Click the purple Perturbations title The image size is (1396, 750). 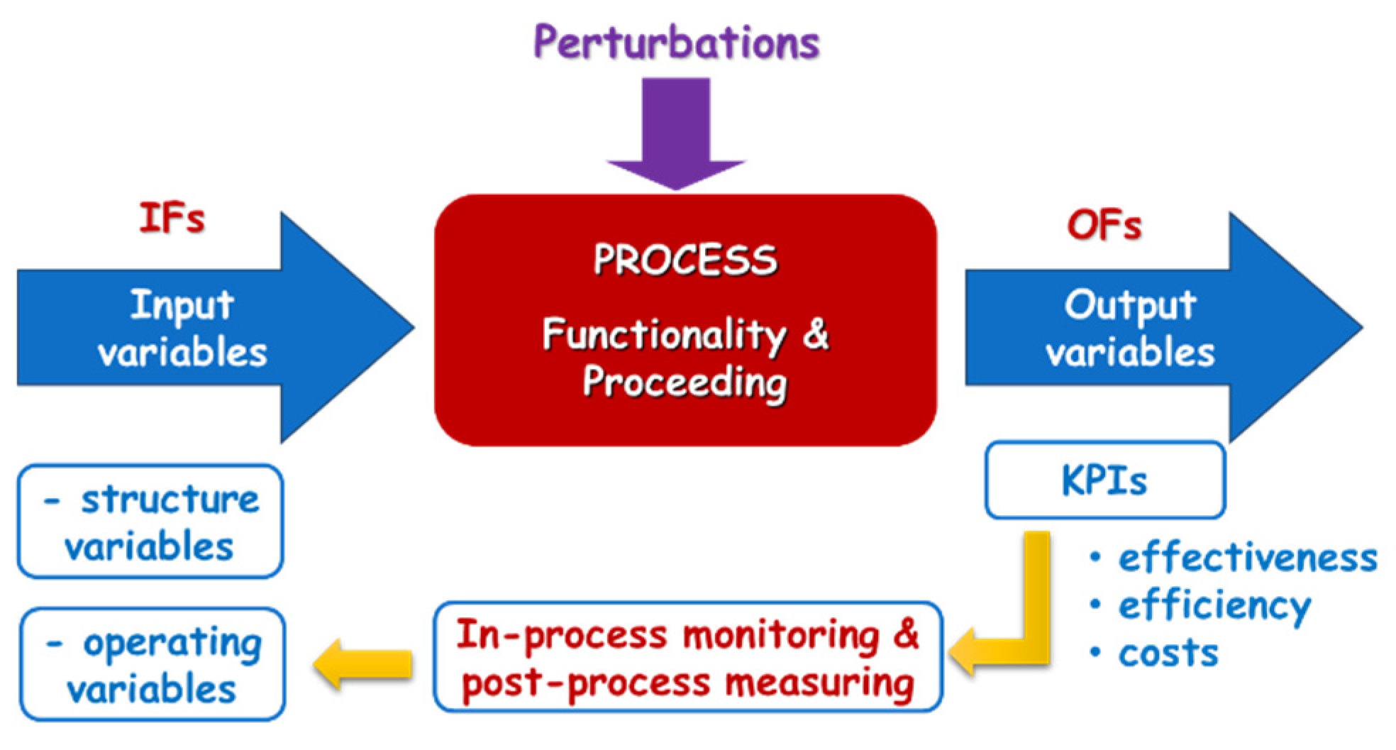(676, 43)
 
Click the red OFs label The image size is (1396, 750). (1104, 226)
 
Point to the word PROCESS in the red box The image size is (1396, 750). (685, 260)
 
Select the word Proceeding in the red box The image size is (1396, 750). (685, 383)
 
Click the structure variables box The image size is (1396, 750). (150, 522)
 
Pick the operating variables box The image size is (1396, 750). (152, 665)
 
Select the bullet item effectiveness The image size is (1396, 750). (1247, 558)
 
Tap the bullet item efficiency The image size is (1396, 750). (1214, 606)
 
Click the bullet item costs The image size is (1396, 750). (1168, 654)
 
